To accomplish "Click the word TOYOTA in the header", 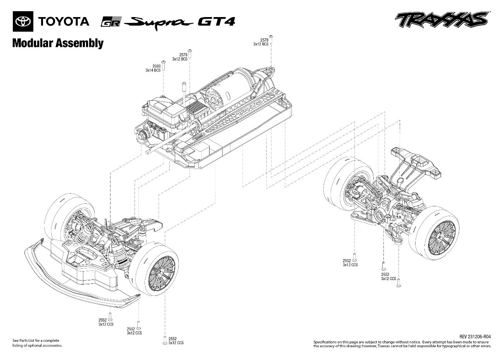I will pyautogui.click(x=64, y=21).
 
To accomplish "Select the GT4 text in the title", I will pyautogui.click(x=216, y=21).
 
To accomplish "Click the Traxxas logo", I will pyautogui.click(x=441, y=19).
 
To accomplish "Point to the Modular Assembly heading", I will pyautogui.click(x=58, y=43).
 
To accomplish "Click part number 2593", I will pyautogui.click(x=156, y=66).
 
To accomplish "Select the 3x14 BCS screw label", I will pyautogui.click(x=153, y=71).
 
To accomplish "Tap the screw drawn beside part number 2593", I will pyautogui.click(x=164, y=65).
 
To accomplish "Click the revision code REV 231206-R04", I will pyautogui.click(x=475, y=337).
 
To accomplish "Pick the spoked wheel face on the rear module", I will pyautogui.click(x=442, y=239).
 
